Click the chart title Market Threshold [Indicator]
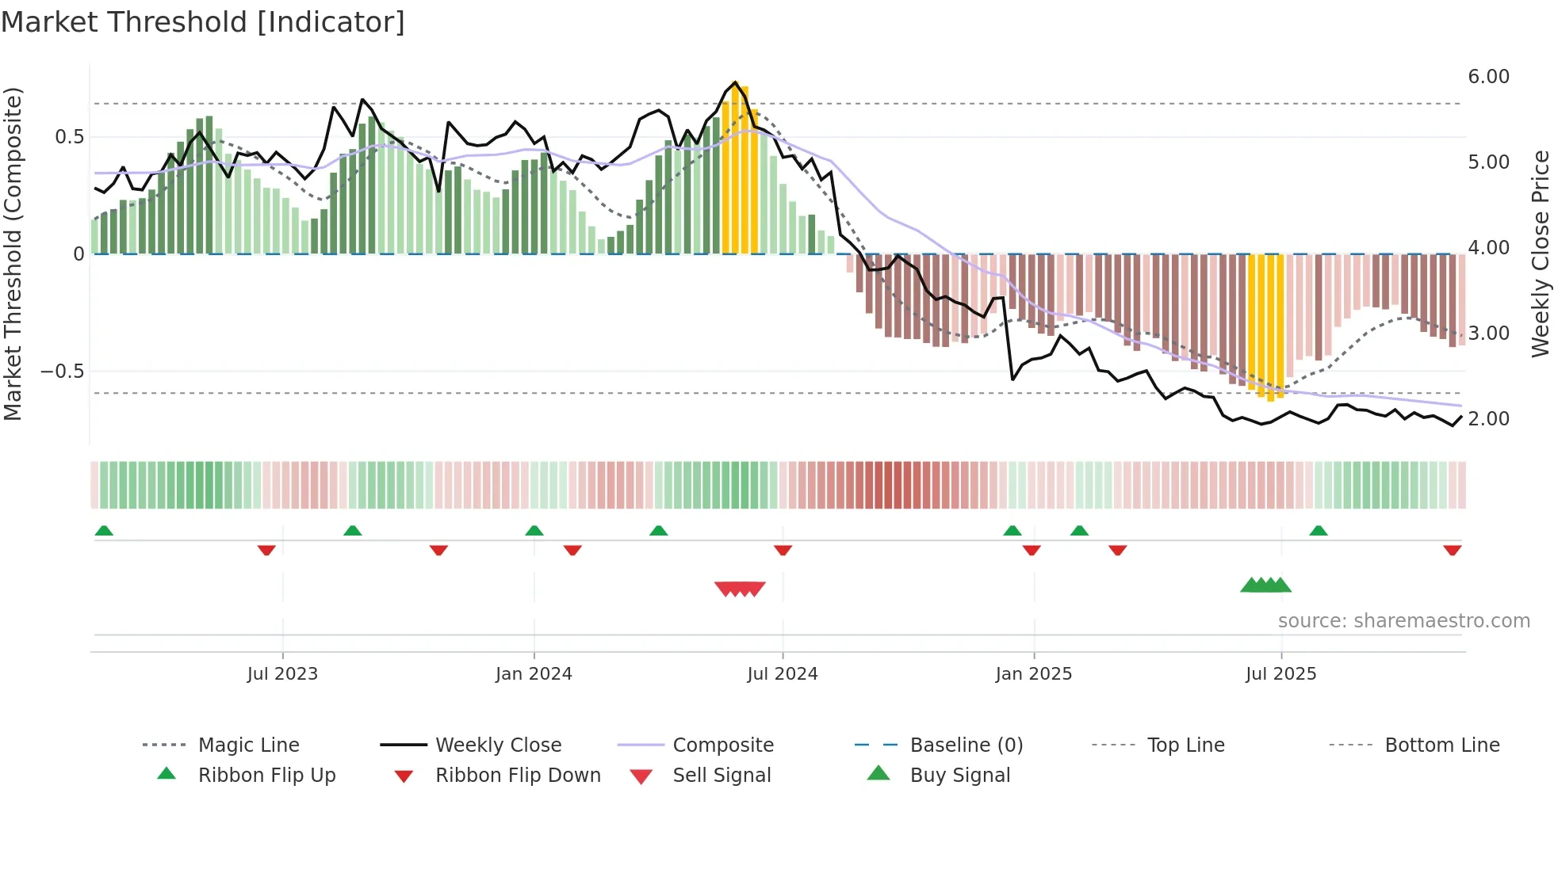(x=203, y=22)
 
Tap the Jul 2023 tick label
(x=282, y=674)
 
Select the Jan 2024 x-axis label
(x=534, y=674)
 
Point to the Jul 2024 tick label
(x=783, y=674)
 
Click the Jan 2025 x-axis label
(x=1034, y=674)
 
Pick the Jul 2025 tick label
(x=1281, y=674)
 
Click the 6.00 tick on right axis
(x=1488, y=77)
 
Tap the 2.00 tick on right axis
(x=1488, y=419)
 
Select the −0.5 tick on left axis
(x=63, y=372)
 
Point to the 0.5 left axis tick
(x=70, y=137)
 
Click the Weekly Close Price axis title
(x=1540, y=254)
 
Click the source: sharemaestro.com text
(x=1403, y=621)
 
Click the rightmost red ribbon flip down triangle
(x=1453, y=551)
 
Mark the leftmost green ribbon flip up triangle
(x=104, y=531)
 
